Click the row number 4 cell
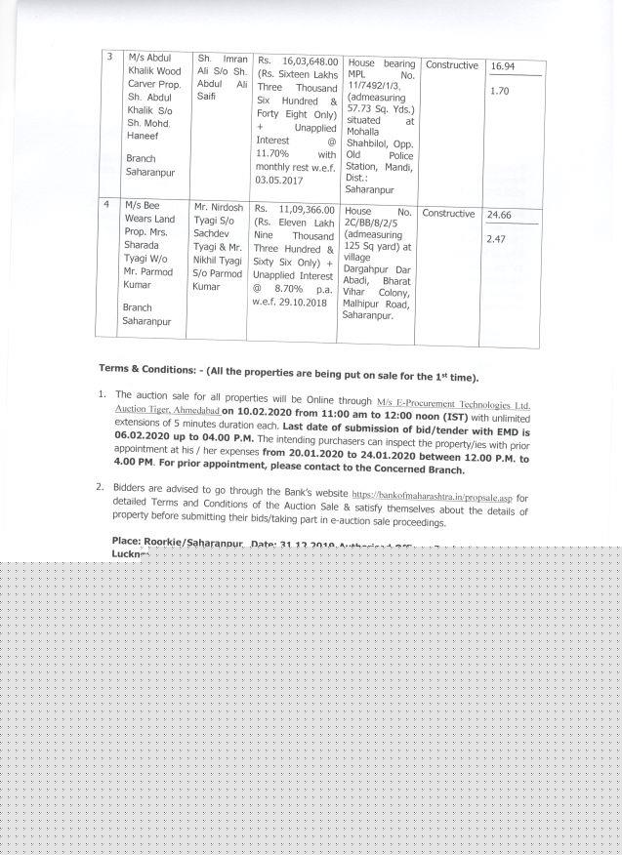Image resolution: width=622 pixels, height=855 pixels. pyautogui.click(x=107, y=206)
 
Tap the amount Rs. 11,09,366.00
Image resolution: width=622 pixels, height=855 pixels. pyautogui.click(x=294, y=209)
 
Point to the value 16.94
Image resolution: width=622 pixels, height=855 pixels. pyautogui.click(x=503, y=67)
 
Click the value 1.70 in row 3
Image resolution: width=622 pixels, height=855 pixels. pyautogui.click(x=499, y=91)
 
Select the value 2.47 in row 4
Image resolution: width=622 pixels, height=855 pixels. pyautogui.click(x=497, y=239)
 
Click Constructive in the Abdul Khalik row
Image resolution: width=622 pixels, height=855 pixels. pyautogui.click(x=451, y=65)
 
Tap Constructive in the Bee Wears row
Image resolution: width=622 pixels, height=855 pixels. pyautogui.click(x=448, y=214)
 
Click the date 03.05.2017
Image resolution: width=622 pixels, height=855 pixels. pyautogui.click(x=281, y=181)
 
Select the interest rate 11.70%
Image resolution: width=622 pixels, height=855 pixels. pyautogui.click(x=273, y=154)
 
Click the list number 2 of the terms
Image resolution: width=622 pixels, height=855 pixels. pyautogui.click(x=100, y=486)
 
